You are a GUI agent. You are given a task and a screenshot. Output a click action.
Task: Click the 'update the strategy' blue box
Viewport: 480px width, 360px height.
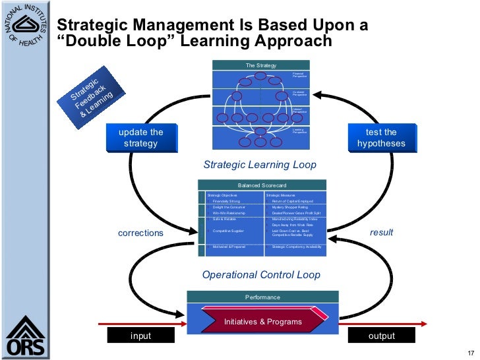[x=140, y=138]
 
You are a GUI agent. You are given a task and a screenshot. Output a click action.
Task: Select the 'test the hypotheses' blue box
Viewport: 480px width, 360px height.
[x=381, y=138]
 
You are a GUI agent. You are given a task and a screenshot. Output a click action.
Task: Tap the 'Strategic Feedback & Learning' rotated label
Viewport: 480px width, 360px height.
[x=91, y=96]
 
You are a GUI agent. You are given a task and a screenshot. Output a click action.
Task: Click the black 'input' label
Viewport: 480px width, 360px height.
[x=140, y=336]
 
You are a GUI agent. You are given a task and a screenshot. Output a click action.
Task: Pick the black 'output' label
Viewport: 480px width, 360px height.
[x=381, y=336]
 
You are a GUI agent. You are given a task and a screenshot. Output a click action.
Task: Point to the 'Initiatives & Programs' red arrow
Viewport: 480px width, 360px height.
[x=263, y=322]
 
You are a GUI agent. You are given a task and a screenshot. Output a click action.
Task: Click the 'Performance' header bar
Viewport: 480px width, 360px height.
[x=262, y=297]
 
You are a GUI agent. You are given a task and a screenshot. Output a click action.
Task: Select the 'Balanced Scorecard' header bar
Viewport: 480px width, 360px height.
[x=262, y=185]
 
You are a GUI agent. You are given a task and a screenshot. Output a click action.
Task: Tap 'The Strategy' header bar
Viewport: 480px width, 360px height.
[x=261, y=65]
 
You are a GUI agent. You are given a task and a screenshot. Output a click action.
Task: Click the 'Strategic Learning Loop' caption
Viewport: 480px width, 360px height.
[x=260, y=165]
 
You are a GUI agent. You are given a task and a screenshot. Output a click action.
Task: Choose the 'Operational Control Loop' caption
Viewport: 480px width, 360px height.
[x=261, y=274]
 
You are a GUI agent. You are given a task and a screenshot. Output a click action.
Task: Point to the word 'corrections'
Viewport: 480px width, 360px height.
[x=140, y=233]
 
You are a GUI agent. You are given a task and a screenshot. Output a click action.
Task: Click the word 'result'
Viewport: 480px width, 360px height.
[x=381, y=232]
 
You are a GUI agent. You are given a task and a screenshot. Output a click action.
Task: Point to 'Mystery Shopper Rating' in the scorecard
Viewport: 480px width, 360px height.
[x=290, y=208]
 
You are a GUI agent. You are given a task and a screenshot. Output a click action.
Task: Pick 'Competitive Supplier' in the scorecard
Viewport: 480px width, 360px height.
[x=229, y=231]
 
